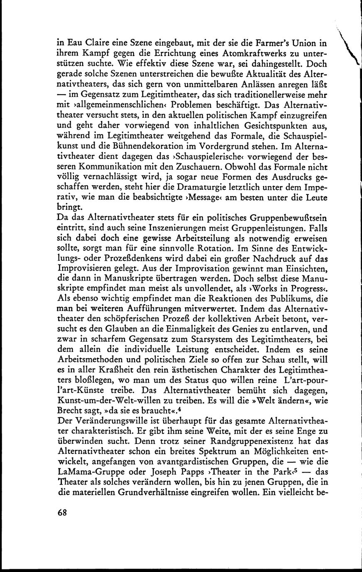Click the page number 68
tap(62, 512)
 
